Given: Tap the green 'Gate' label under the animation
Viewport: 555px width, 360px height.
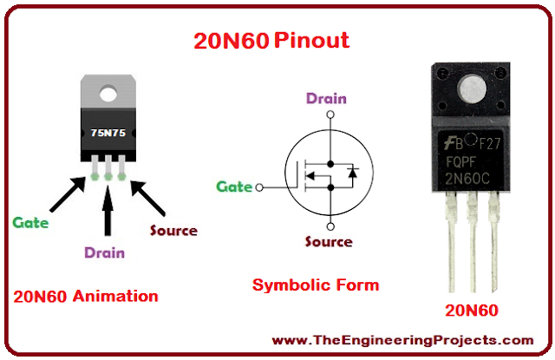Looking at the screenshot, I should [30, 222].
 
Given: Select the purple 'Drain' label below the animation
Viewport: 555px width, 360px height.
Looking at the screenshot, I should [104, 252].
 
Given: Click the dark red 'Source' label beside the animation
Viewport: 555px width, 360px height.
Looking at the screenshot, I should [173, 231].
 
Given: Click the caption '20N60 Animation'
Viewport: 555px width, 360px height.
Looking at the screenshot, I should [86, 296].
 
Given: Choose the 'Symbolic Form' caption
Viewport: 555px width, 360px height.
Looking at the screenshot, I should [316, 285].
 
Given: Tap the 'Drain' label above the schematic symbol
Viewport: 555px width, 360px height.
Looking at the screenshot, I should [325, 98].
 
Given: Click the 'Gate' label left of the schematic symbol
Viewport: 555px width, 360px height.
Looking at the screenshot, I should [233, 187].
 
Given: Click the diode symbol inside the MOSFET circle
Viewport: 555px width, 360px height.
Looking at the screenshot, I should [351, 173].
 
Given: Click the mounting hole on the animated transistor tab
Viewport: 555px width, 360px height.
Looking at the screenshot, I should [109, 89].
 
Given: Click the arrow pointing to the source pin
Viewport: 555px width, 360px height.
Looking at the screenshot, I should [149, 198].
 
